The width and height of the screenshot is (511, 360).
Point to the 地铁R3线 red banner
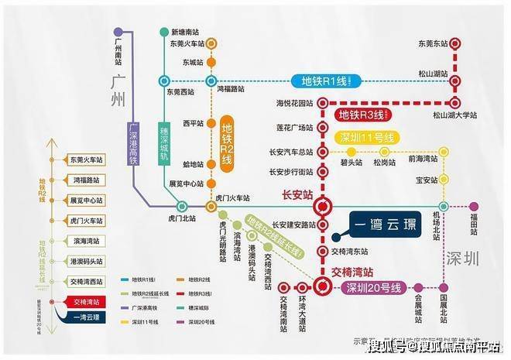click(362, 117)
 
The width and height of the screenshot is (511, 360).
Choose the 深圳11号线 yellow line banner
click(367, 138)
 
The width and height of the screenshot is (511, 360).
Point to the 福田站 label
click(474, 224)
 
